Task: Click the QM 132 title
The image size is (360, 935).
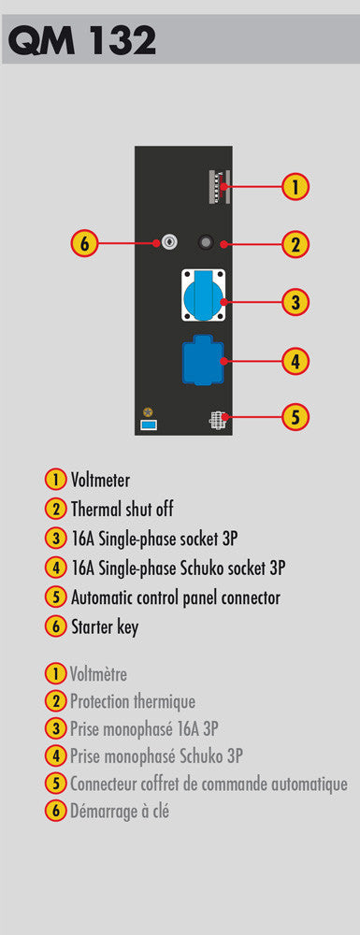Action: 81,40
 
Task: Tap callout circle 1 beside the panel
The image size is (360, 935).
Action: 295,187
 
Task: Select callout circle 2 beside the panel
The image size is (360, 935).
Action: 295,244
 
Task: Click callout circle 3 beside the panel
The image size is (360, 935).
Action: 295,302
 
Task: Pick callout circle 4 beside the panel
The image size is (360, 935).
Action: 295,360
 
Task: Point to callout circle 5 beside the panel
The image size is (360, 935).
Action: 295,416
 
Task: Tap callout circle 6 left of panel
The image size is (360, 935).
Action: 85,243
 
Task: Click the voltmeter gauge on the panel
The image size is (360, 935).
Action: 220,187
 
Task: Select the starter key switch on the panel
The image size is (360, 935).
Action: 168,243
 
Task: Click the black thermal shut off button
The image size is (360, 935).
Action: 206,243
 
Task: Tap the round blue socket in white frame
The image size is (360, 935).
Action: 203,295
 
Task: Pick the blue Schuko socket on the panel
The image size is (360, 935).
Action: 203,361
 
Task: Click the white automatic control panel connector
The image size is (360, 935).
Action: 215,421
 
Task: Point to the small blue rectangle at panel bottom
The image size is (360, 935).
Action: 149,424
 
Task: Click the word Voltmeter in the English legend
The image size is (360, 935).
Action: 100,480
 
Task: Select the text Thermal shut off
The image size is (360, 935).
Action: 122,510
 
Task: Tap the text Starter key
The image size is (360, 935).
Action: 105,627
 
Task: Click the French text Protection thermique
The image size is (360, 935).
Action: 133,702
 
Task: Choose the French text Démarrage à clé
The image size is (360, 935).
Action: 119,811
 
